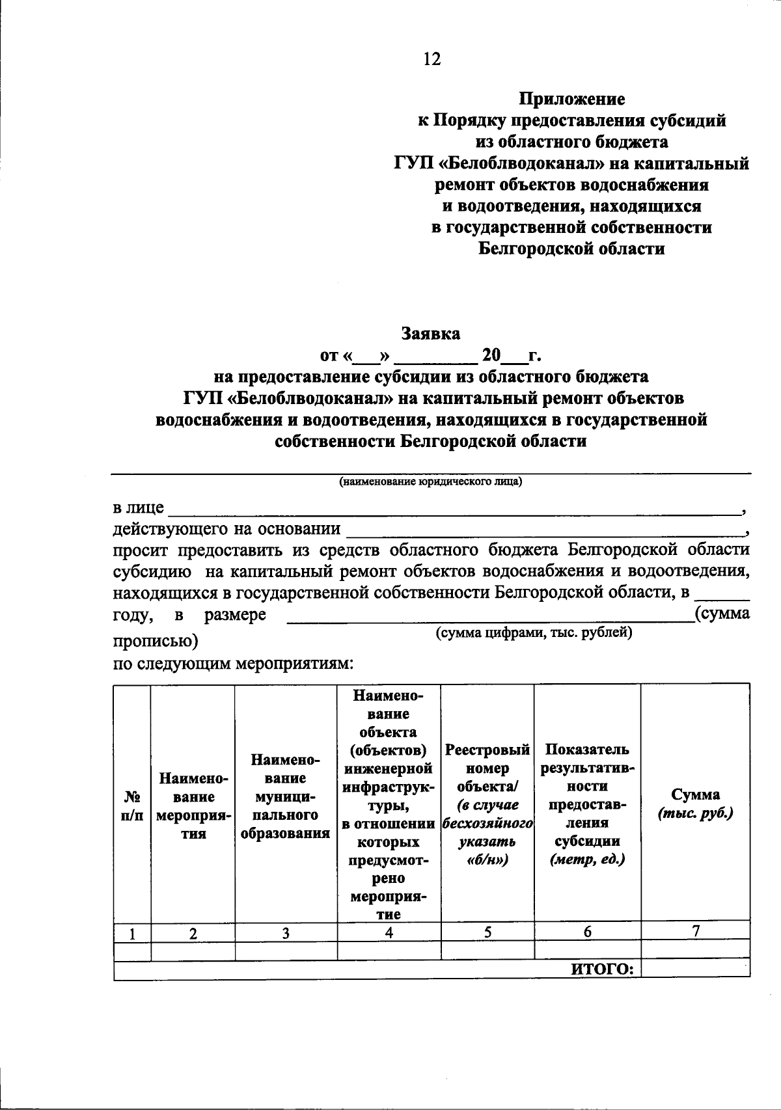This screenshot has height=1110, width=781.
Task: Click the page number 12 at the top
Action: point(432,59)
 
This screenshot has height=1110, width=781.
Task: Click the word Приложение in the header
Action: point(571,100)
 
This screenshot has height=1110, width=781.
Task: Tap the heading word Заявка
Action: point(430,334)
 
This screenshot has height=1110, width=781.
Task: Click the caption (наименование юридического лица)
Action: point(430,482)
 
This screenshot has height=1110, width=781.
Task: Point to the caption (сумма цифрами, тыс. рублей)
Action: point(534,632)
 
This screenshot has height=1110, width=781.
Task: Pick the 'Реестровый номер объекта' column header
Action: point(487,804)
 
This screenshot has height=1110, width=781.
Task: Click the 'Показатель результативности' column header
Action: point(587,804)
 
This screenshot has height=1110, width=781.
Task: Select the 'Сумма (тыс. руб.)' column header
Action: point(695,804)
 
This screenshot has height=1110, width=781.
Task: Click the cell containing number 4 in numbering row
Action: point(389,932)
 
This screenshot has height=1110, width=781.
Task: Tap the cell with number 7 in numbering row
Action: point(695,931)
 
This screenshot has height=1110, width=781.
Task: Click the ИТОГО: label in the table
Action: point(603,969)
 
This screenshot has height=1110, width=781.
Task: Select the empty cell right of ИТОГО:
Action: point(695,969)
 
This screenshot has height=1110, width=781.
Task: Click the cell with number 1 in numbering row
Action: point(132,933)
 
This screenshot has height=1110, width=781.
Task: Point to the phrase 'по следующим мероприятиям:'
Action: point(234,664)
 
